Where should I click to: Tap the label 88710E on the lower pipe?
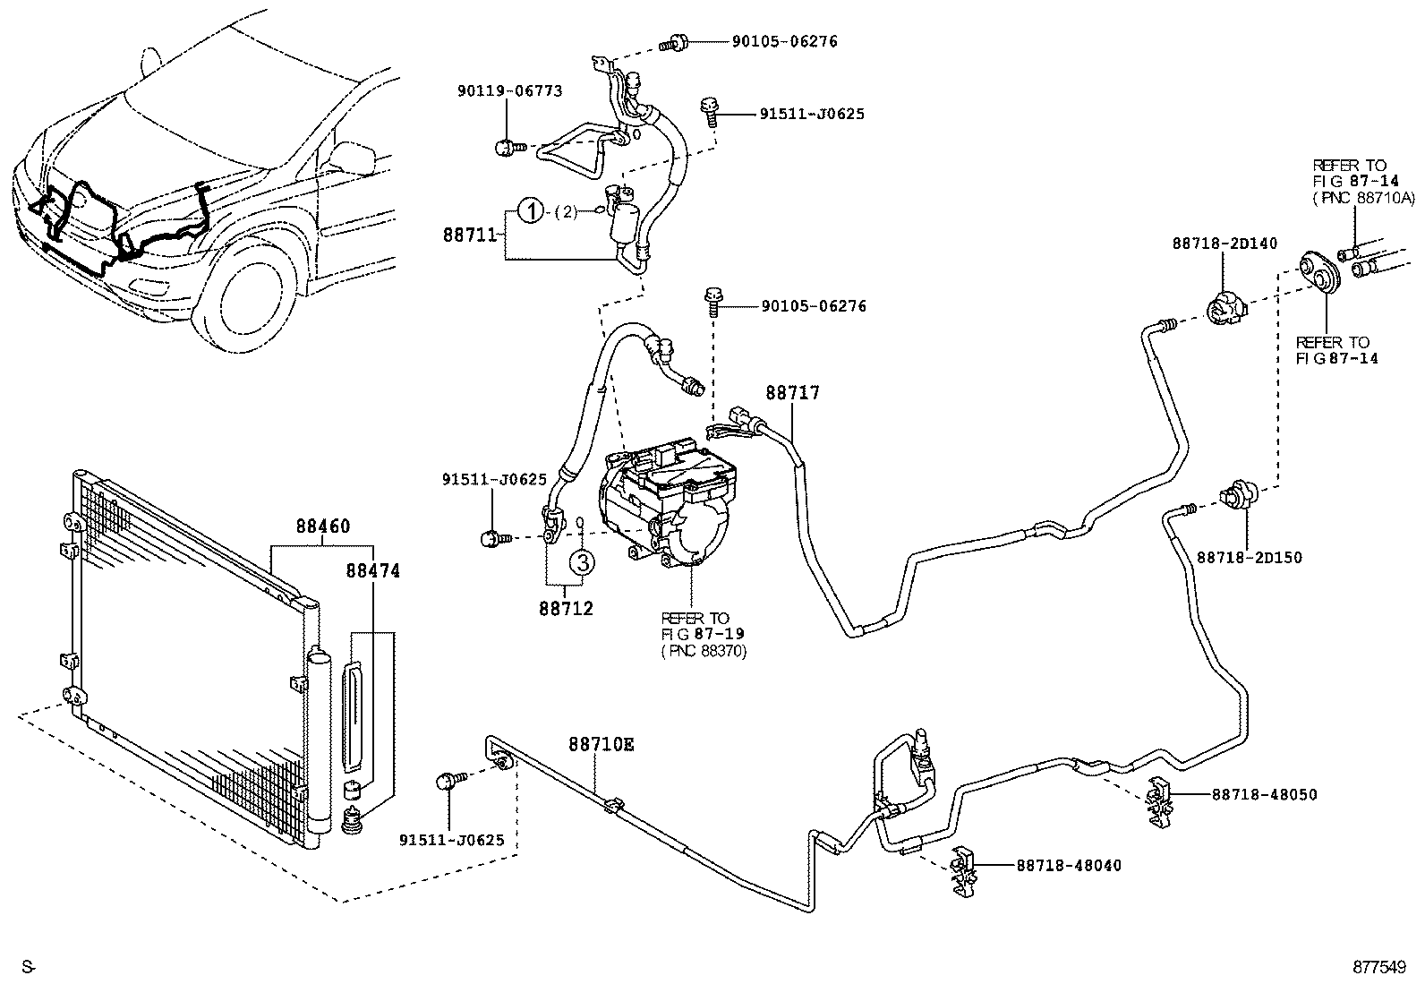601,744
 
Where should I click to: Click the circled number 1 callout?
531,212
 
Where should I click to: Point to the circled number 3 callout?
581,562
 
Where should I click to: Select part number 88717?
791,392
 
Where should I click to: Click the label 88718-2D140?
1224,244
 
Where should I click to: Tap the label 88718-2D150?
1250,558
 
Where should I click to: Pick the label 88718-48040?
1068,865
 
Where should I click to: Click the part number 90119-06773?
508,90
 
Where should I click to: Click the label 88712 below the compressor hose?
566,608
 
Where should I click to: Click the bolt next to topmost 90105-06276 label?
673,42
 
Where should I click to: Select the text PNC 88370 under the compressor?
704,651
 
